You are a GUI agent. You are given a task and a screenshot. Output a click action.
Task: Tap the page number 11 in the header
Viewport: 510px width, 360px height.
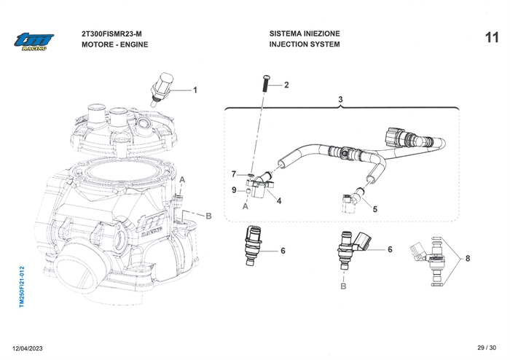click(x=492, y=37)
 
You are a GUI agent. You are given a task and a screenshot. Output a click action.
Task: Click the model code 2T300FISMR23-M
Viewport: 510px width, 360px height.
click(x=113, y=34)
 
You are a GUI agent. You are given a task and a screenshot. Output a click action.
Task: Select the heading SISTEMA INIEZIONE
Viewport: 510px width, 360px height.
click(x=305, y=34)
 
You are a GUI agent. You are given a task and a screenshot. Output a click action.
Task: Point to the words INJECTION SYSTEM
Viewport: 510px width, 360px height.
click(x=305, y=44)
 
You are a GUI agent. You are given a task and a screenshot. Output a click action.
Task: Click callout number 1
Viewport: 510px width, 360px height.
click(x=195, y=90)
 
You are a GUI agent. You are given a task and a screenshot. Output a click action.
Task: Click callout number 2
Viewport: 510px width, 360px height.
click(x=286, y=85)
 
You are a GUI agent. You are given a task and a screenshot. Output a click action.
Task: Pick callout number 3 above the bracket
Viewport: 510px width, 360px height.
click(x=340, y=99)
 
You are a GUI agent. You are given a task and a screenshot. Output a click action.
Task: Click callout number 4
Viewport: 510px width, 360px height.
click(x=279, y=200)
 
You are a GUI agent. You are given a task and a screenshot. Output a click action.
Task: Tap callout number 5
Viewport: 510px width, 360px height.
click(x=375, y=209)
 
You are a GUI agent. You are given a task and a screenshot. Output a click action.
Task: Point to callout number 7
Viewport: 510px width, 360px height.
click(x=233, y=174)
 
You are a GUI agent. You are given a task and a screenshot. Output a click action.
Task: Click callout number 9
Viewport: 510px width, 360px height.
click(x=233, y=190)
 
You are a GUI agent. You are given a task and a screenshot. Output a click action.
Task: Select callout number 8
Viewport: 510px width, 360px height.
click(x=467, y=258)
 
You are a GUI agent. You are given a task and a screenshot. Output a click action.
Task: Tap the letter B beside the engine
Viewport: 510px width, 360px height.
click(x=209, y=216)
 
